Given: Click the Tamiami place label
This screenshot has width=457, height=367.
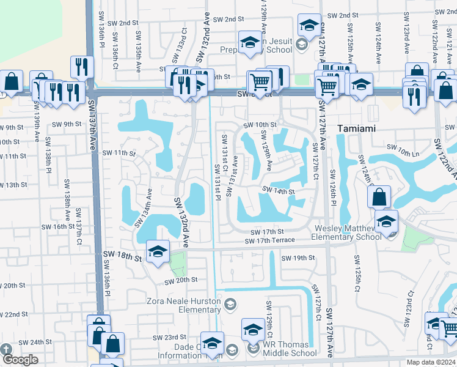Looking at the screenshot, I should point(360,129).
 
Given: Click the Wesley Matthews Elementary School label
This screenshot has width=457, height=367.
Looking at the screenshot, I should point(347,233).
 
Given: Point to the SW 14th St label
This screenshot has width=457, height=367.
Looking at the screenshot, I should point(279,191).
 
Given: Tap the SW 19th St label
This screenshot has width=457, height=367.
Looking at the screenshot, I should point(298,258).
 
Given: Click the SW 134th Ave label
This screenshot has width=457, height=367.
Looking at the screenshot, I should point(148,204).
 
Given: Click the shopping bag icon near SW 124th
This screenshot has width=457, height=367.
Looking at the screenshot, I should point(379,197).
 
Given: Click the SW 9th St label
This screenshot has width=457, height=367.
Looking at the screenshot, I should point(67,124).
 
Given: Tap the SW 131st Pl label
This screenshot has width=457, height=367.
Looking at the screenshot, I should point(218,182).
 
